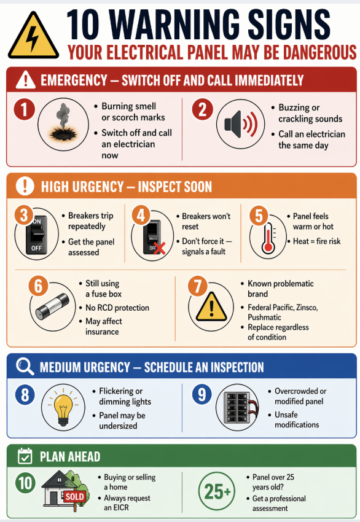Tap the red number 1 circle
pyautogui.click(x=24, y=111)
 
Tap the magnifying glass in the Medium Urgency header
pyautogui.click(x=25, y=367)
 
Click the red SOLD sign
pyautogui.click(x=74, y=496)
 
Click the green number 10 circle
pyautogui.click(x=25, y=483)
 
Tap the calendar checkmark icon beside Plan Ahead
pyautogui.click(x=25, y=456)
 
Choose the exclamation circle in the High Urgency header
pyautogui.click(x=25, y=185)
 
